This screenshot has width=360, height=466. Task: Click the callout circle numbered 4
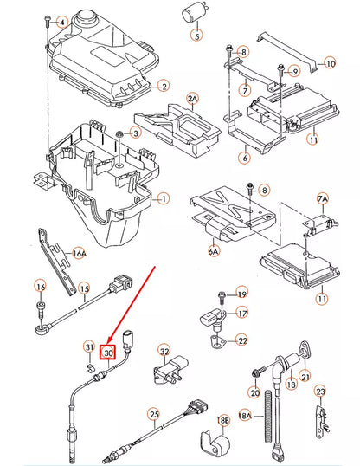(x=61, y=22)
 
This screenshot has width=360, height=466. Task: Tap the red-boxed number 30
(x=109, y=353)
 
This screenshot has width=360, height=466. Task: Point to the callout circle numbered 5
(x=196, y=36)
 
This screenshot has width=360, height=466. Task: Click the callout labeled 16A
(x=80, y=253)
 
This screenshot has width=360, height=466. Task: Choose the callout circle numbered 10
(x=329, y=62)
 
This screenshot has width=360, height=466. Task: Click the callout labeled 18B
(x=223, y=420)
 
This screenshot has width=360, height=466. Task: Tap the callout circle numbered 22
(x=242, y=340)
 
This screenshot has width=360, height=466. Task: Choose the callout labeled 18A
(x=245, y=416)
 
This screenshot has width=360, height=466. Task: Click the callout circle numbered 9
(x=293, y=71)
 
